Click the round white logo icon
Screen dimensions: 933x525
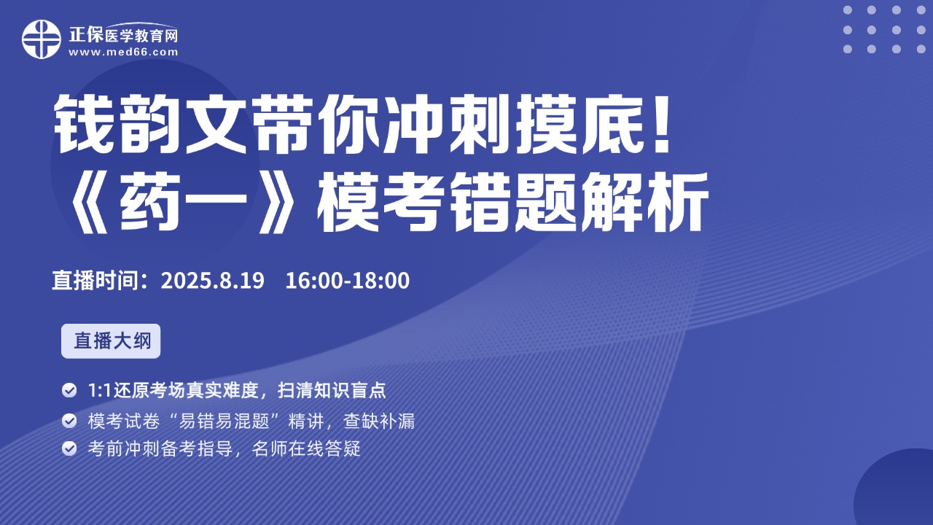pos(42,39)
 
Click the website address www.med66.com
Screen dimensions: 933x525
pos(123,52)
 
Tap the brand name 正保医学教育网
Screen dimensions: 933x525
pos(123,35)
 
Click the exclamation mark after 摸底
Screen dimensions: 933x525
pos(661,123)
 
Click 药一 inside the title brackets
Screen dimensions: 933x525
pos(184,202)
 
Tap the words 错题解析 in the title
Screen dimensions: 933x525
pos(578,202)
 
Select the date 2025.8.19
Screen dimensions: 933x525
pos(212,281)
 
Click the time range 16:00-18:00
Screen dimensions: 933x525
pos(348,281)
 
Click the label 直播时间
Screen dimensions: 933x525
pos(95,281)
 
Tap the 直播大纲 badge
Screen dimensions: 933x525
pos(111,341)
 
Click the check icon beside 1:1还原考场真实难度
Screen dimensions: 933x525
pos(69,390)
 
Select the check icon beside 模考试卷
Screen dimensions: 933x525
pos(69,421)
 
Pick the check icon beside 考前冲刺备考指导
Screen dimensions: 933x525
pos(69,448)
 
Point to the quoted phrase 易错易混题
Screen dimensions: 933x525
pos(229,421)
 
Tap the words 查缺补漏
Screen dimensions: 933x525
pos(379,421)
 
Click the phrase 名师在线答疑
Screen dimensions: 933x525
pos(306,448)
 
